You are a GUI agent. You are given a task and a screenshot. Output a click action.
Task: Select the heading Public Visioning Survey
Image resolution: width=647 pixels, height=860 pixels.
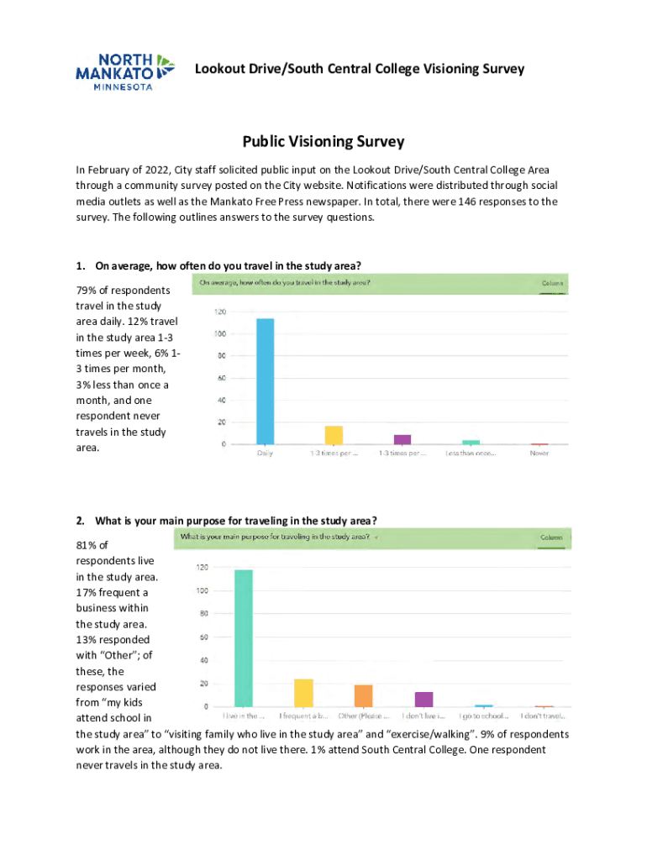point(323,142)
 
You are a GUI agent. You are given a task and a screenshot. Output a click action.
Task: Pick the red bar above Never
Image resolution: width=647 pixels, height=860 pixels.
point(539,443)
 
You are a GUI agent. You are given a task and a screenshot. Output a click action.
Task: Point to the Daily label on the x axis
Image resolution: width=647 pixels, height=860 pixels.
point(266,454)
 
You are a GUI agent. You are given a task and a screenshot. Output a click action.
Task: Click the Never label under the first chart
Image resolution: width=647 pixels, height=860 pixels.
point(539,454)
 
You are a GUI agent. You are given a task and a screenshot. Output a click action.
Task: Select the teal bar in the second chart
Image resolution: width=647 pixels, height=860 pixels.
point(244,637)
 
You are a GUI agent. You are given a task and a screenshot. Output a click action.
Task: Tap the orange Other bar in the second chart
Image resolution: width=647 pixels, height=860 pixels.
point(364,695)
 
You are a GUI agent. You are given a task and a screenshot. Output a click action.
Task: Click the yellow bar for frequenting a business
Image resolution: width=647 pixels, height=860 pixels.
point(303,693)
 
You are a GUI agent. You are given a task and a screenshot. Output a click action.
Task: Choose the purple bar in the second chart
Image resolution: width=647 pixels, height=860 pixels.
point(423,699)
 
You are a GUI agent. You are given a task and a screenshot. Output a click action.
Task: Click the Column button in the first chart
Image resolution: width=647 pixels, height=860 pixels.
point(551,284)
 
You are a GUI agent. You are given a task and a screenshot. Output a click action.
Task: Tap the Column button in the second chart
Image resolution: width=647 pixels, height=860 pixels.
point(550,537)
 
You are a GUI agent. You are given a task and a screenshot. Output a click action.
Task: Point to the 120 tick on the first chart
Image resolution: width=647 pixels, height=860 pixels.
point(219,312)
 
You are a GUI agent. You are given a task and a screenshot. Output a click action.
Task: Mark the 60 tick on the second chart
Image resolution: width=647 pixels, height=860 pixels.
point(202,637)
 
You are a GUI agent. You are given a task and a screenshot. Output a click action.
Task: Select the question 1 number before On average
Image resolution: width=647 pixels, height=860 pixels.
point(81,266)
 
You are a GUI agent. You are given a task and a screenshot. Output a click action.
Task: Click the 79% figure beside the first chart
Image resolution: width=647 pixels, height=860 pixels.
point(87,291)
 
